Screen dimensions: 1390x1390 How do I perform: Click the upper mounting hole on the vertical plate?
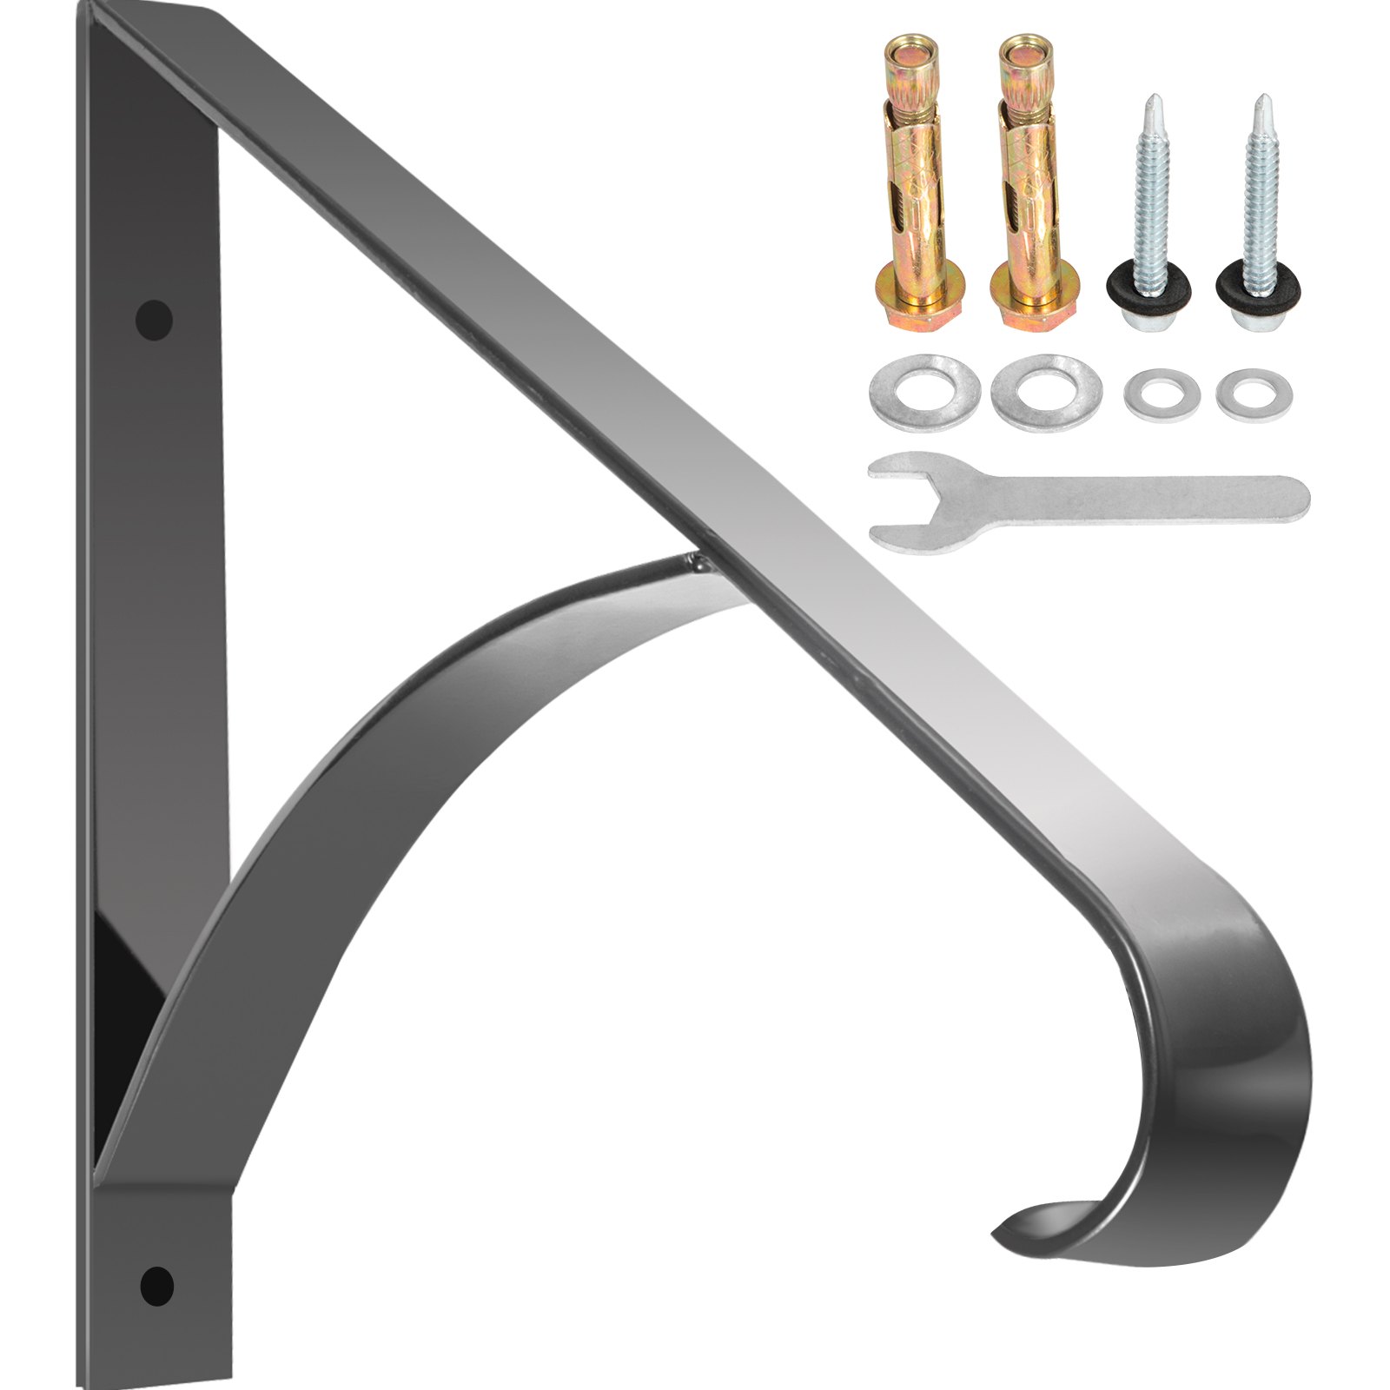tap(154, 319)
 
